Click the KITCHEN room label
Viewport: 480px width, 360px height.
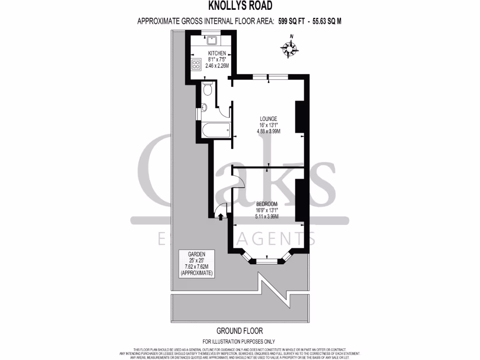point(217,53)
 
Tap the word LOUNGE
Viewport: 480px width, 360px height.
point(268,119)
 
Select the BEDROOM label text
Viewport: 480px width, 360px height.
point(267,204)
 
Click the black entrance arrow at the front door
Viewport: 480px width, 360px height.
point(220,216)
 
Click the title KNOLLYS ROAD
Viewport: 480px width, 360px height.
point(240,6)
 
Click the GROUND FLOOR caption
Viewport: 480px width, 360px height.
point(240,330)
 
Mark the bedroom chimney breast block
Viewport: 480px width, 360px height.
point(300,199)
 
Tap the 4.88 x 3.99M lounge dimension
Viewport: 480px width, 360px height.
point(268,131)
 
